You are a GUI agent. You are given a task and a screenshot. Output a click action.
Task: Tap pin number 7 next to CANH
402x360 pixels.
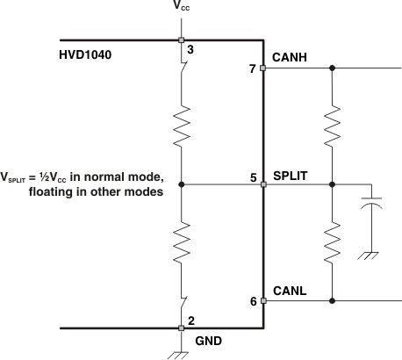(x=253, y=68)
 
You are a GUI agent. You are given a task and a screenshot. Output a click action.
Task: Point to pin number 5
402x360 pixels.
(x=253, y=177)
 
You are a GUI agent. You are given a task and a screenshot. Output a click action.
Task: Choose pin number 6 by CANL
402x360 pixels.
(x=253, y=301)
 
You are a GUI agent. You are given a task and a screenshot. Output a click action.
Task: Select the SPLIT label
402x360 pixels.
(x=290, y=175)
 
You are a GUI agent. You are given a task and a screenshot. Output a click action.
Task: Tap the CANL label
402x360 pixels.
(x=289, y=289)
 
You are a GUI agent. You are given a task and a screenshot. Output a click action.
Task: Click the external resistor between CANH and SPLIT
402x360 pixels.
(x=333, y=127)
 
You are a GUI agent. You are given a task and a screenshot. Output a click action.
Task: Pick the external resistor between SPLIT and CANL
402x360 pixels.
(x=333, y=241)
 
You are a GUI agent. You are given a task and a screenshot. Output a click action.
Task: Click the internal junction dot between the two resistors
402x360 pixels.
(x=182, y=184)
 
